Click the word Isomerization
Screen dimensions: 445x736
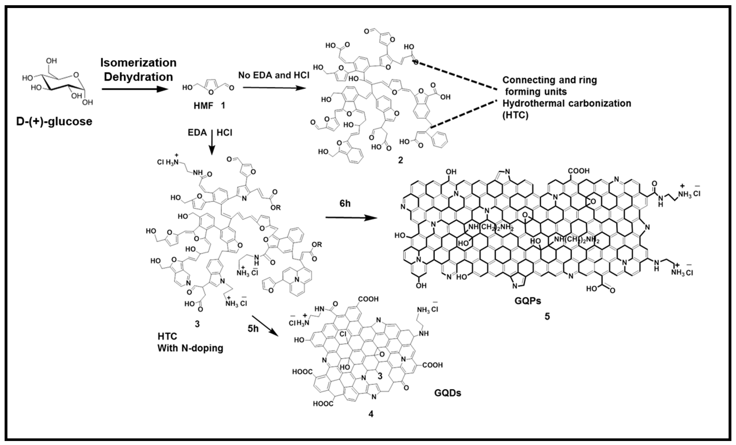[138, 63]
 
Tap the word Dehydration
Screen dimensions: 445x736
[138, 77]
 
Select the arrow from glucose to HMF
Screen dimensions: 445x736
[134, 89]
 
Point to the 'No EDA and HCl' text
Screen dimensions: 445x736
[274, 75]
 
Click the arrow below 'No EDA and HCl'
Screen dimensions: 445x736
[274, 88]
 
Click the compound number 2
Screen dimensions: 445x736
[400, 160]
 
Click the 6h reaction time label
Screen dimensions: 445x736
[345, 204]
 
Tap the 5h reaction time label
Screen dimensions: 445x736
[253, 329]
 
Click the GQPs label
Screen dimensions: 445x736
[528, 301]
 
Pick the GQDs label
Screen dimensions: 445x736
[447, 393]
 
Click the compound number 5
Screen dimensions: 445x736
[547, 316]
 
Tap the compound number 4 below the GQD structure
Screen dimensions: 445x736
[371, 414]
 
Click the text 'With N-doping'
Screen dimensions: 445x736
[190, 348]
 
